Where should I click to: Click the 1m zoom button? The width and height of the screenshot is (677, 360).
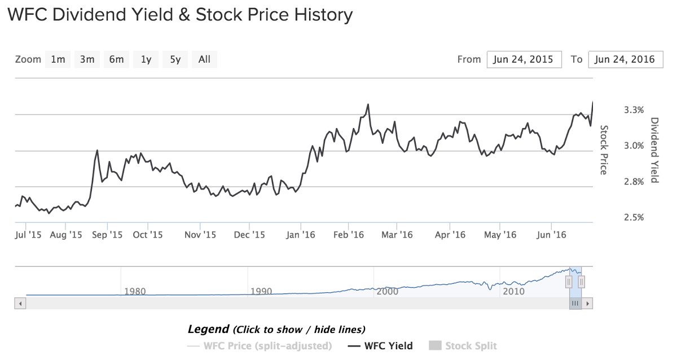pos(58,60)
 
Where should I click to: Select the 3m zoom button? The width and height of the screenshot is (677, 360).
pos(87,60)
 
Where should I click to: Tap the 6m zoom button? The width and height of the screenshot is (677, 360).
pos(116,60)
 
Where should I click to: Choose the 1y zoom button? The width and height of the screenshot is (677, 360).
pos(146,60)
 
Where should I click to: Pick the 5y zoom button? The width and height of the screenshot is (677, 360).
pos(175,60)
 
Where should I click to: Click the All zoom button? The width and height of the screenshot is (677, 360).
pos(204,60)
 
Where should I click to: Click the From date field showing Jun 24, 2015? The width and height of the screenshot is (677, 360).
pos(524,60)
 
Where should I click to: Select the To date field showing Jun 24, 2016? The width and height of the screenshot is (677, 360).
pos(626,60)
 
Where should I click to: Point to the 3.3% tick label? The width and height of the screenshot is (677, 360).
pos(634,110)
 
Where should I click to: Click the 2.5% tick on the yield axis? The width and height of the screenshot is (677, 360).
pos(634,218)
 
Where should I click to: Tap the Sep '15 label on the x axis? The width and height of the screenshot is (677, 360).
pos(107,235)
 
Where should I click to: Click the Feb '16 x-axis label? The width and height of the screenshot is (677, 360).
pos(349,235)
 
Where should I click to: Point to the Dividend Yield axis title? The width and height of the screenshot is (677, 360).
pos(654,150)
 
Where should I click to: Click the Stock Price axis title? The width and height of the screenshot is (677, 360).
pos(604,150)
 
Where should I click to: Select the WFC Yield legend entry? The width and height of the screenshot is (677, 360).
pos(380,346)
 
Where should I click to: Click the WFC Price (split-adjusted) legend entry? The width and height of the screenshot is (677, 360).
pos(260,346)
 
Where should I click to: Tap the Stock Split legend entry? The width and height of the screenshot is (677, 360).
pos(463,346)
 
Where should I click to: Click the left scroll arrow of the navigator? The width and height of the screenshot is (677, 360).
pos(20,304)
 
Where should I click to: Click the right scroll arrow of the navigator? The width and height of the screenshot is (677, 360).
pos(587,304)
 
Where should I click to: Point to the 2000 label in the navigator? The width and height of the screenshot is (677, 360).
pos(387,291)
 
